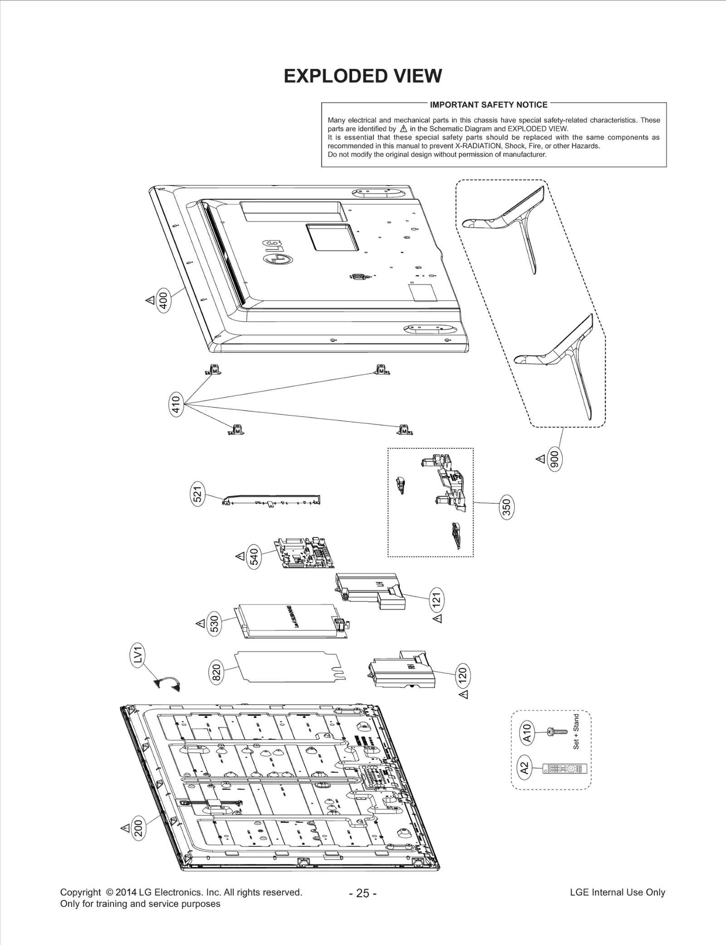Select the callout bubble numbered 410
[176, 404]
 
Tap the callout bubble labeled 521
[198, 494]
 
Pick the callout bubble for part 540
[255, 557]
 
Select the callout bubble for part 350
[507, 507]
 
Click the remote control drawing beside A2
[565, 769]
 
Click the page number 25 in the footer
[363, 893]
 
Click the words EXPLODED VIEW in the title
[363, 76]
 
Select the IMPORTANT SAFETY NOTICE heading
[488, 105]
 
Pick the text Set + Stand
[576, 731]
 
